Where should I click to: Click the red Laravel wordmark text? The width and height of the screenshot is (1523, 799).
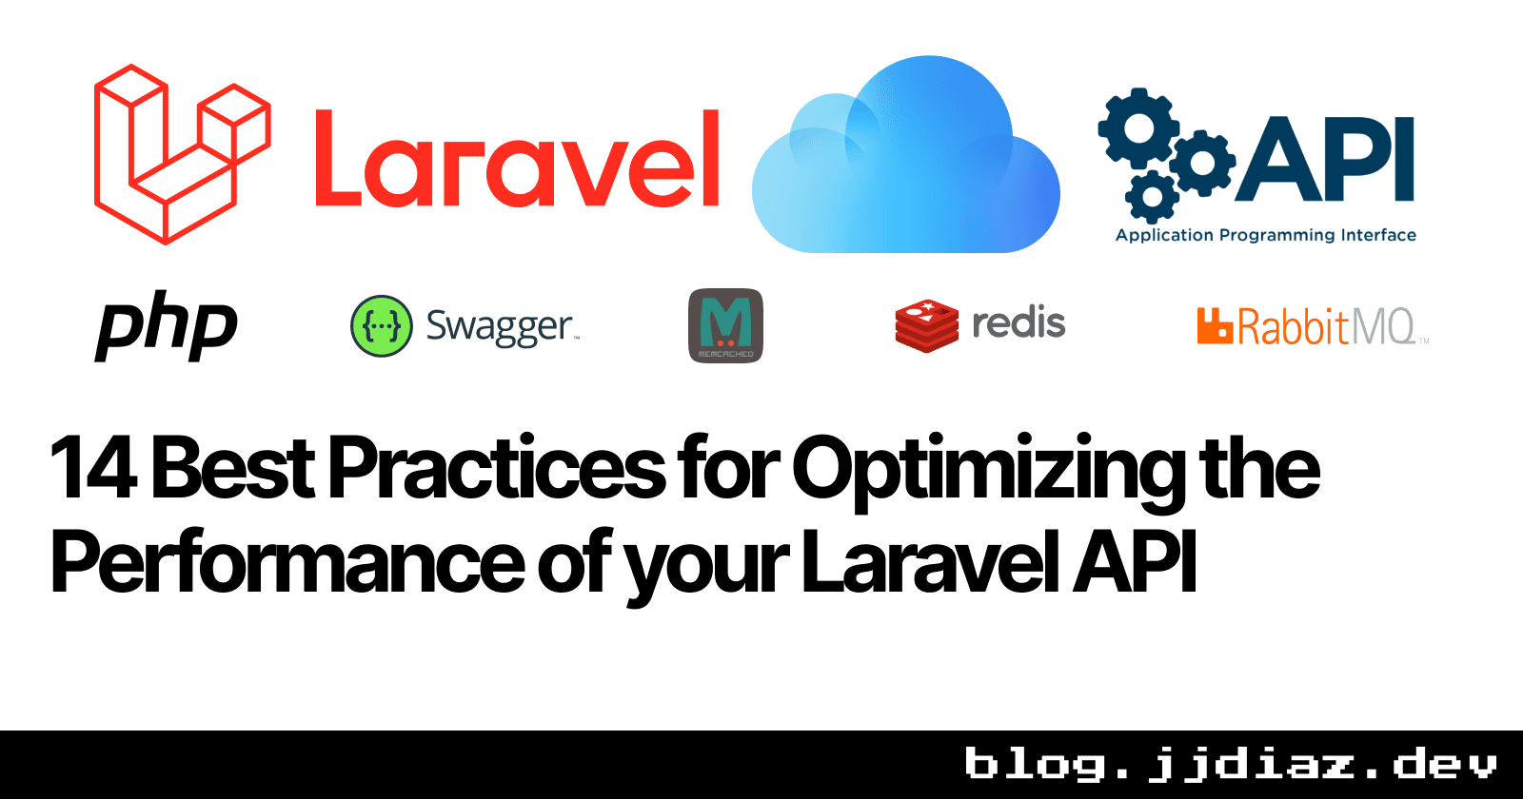[x=517, y=159]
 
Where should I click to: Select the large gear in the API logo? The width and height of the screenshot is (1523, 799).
[x=1139, y=129]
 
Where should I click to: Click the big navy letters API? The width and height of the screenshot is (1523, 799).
[x=1326, y=158]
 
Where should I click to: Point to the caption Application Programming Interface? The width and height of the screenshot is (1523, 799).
[x=1265, y=235]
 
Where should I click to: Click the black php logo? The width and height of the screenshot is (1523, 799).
[x=167, y=325]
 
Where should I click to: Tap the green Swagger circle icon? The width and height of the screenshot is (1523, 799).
[x=382, y=326]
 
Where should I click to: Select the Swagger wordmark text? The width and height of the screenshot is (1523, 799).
[x=500, y=327]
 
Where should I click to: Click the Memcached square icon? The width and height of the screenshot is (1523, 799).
[x=725, y=325]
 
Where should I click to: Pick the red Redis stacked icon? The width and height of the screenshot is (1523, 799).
[x=926, y=325]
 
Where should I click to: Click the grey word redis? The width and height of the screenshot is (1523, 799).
[x=1019, y=323]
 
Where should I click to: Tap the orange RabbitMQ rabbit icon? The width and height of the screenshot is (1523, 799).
[x=1215, y=325]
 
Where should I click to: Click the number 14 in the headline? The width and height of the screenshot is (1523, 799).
[x=92, y=468]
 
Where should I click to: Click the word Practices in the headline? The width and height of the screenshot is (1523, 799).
[x=497, y=468]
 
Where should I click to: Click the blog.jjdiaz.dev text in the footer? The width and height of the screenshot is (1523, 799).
[x=1230, y=765]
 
